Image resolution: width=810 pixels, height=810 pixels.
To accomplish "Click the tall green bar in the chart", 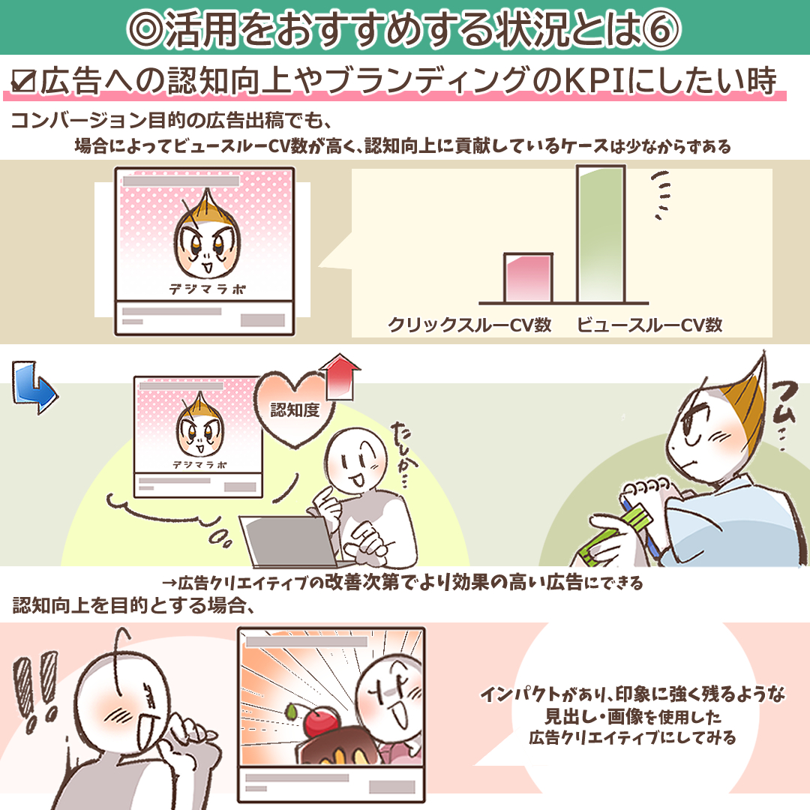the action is click(x=601, y=233).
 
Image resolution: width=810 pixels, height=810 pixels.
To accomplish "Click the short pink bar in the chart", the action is click(x=528, y=278).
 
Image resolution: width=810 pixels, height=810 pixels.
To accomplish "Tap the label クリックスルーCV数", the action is click(x=469, y=325).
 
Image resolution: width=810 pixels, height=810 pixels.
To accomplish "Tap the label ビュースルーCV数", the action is click(x=649, y=325).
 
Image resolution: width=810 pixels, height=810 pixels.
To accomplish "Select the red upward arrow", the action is click(x=340, y=377).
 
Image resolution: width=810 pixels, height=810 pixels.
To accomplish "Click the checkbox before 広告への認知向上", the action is click(x=23, y=81).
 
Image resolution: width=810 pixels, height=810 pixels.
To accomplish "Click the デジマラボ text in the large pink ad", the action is click(x=208, y=289).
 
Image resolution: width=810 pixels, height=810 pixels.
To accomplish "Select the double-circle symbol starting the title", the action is click(x=146, y=29).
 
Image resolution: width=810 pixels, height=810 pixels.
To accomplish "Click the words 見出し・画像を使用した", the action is click(x=633, y=716).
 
